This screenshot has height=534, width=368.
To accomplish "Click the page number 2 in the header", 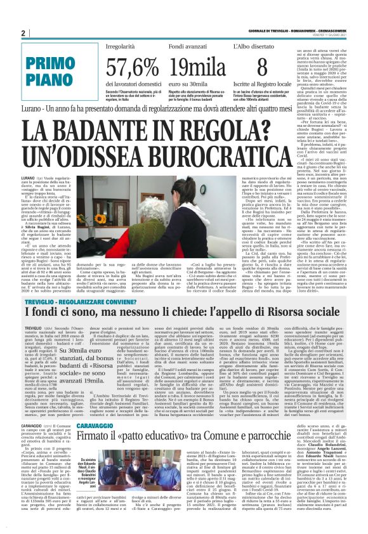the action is click(x=23, y=33).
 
